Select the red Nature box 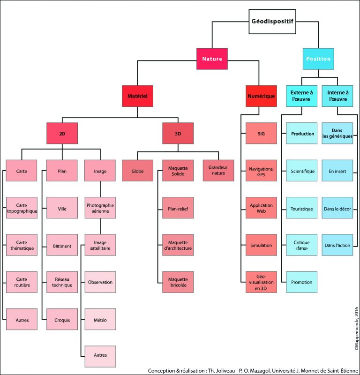tap(212, 59)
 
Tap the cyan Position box tap(318, 59)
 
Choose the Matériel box tap(137, 96)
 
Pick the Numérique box tap(260, 96)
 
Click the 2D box tap(62, 134)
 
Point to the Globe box tap(137, 171)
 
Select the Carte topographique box tap(22, 208)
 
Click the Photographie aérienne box tap(100, 208)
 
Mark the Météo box tap(100, 320)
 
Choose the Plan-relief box tap(178, 208)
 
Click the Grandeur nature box tap(218, 171)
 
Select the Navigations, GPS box tap(261, 171)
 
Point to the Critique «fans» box tap(302, 245)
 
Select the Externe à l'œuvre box tap(302, 96)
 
